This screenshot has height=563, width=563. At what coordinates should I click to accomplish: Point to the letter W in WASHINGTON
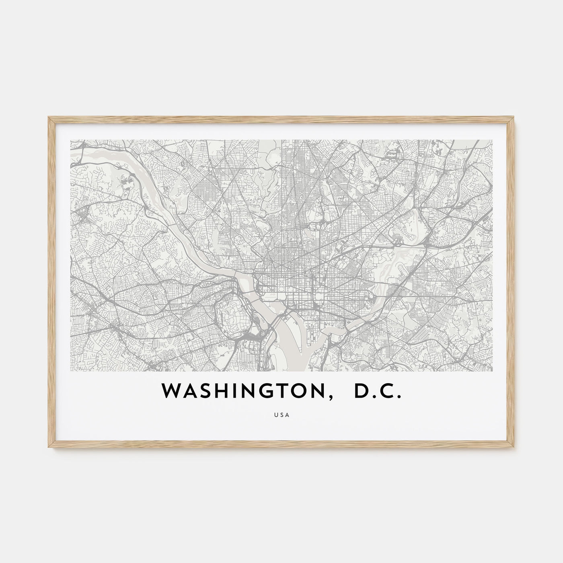tap(170, 391)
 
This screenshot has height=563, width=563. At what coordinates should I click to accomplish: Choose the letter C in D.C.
tap(386, 391)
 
